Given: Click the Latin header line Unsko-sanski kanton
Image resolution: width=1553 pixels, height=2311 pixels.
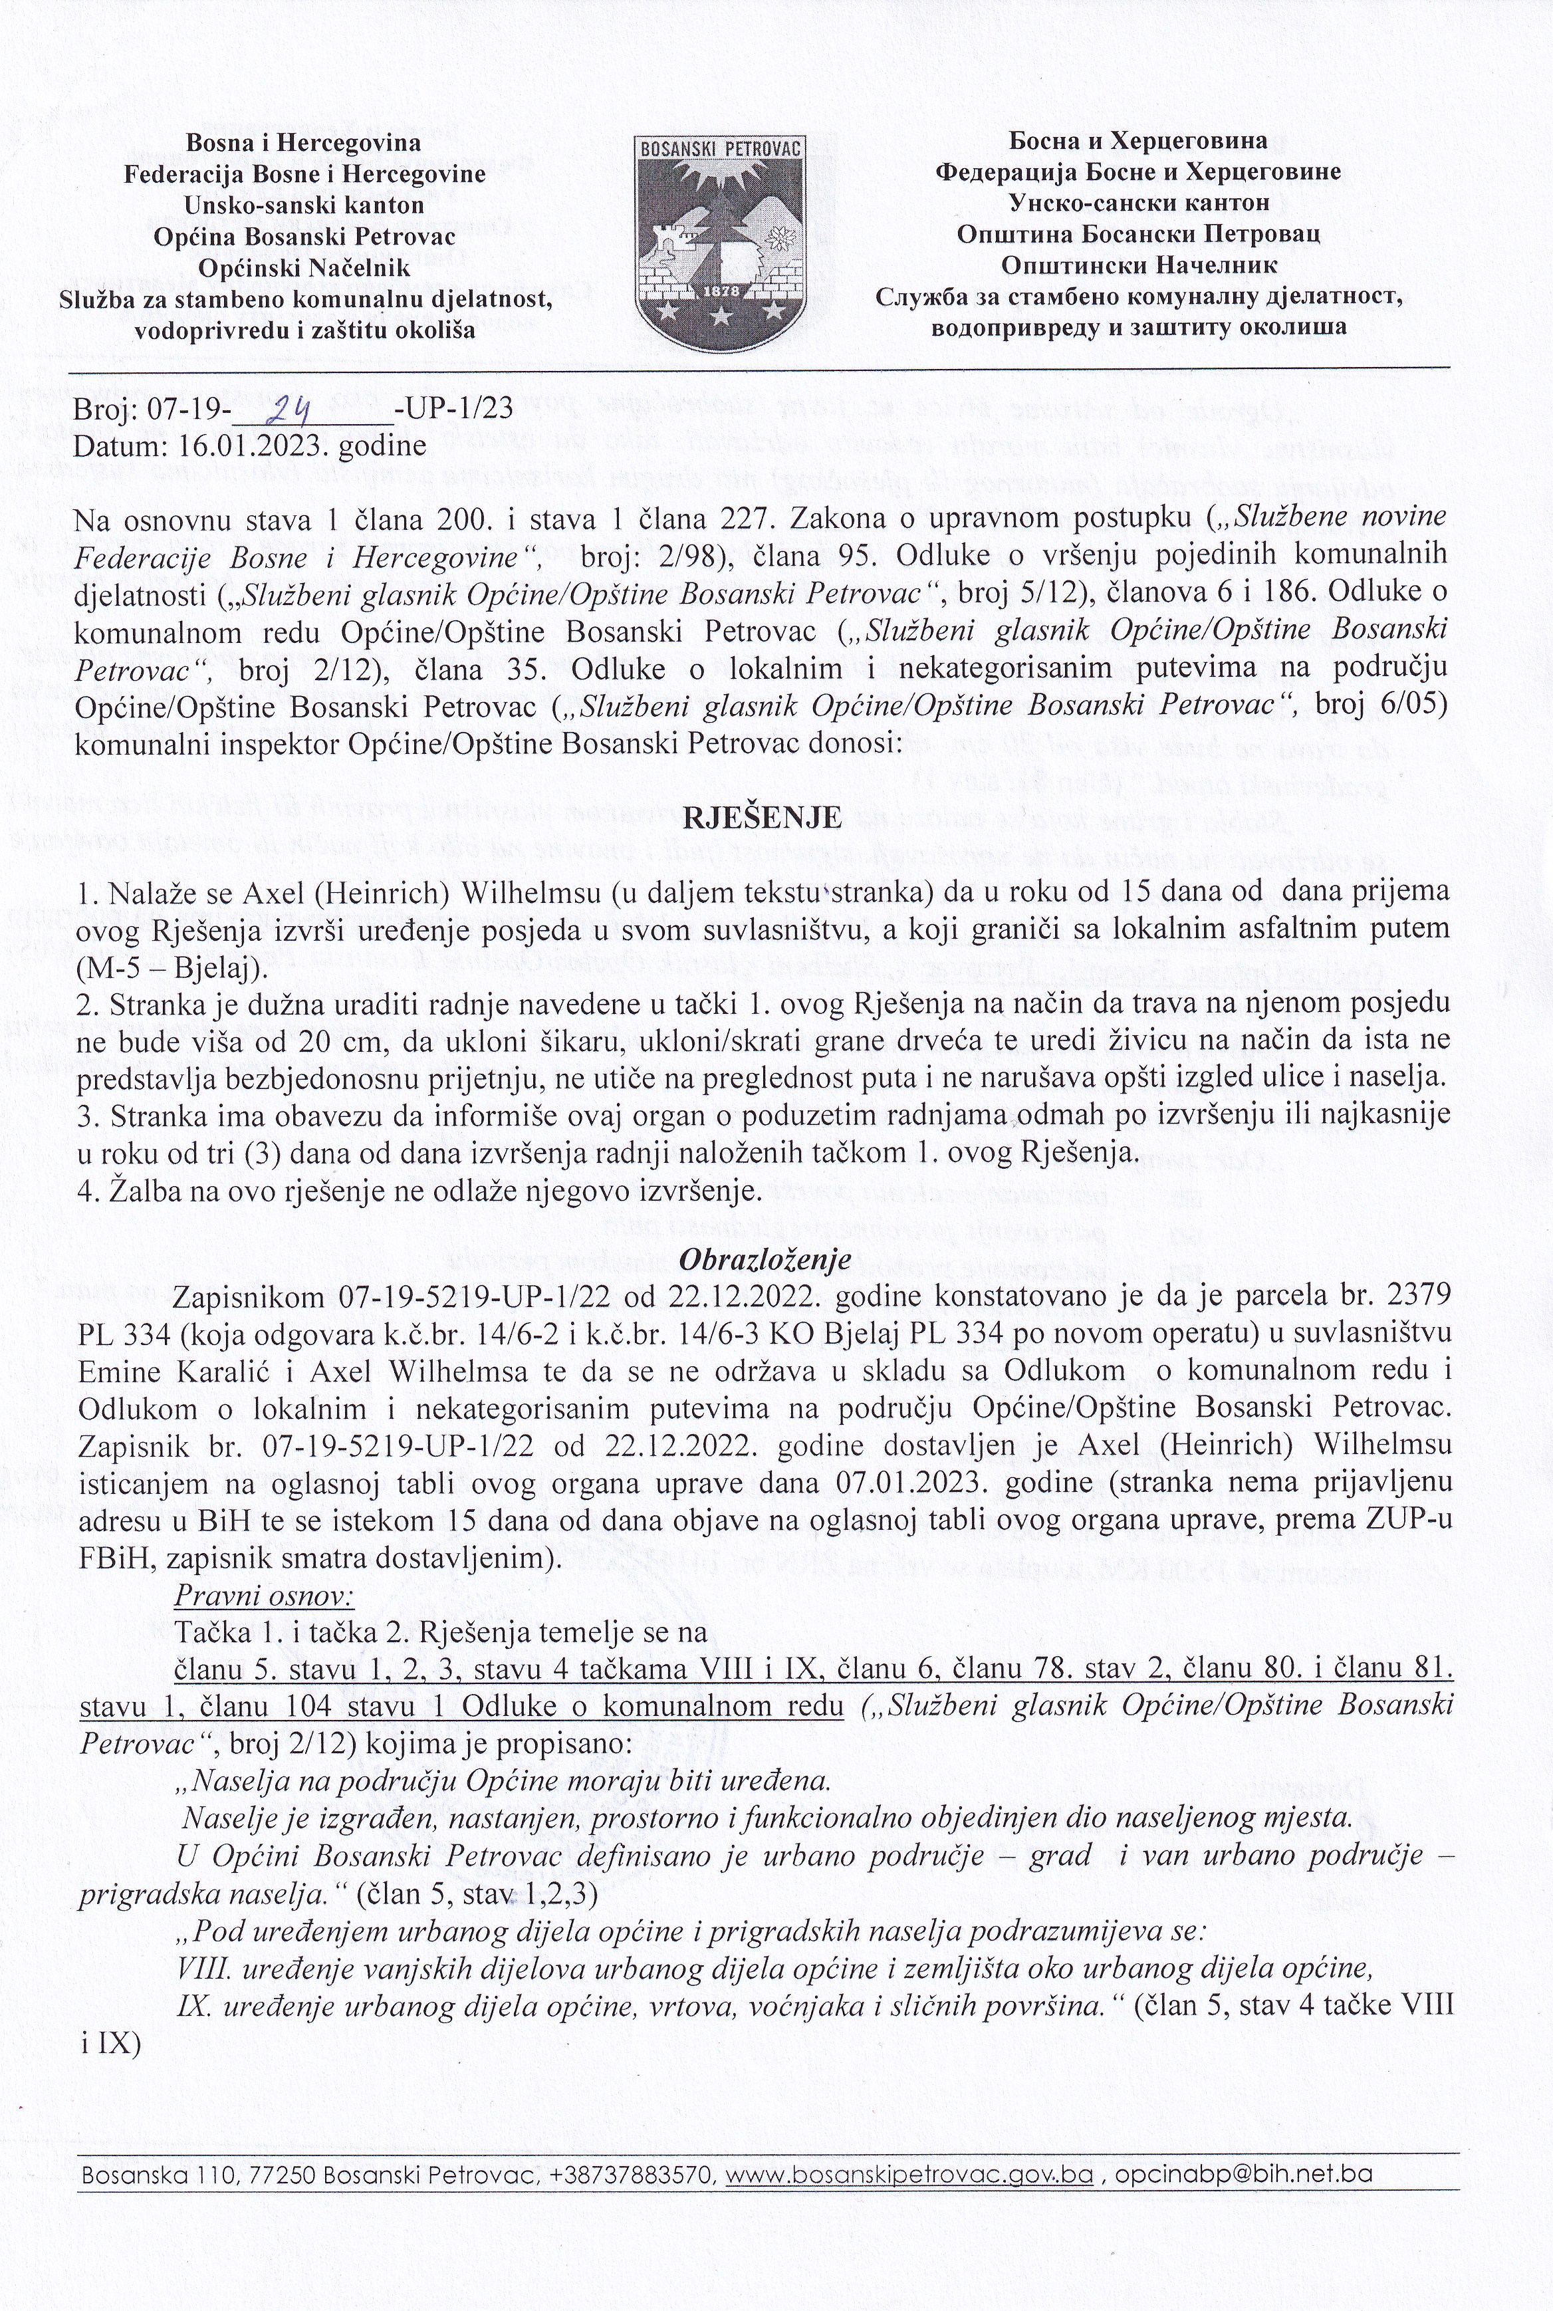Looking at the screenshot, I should pyautogui.click(x=304, y=205).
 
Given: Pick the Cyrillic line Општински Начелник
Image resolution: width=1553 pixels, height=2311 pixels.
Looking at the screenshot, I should pyautogui.click(x=1138, y=265).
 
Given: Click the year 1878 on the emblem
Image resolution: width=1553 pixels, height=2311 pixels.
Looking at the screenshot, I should pyautogui.click(x=719, y=293).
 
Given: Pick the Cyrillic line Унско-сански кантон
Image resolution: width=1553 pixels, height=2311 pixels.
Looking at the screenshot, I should pyautogui.click(x=1138, y=203).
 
